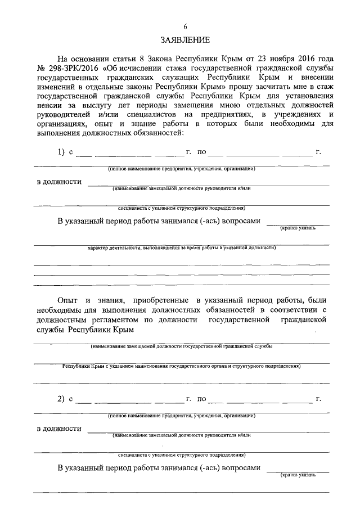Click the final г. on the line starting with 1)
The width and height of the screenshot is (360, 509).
[318, 152]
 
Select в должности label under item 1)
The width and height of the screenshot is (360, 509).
[59, 182]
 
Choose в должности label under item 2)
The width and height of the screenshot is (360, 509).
[59, 429]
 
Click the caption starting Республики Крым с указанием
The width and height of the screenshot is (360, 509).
[181, 366]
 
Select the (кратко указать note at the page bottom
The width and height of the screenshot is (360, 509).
[298, 475]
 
